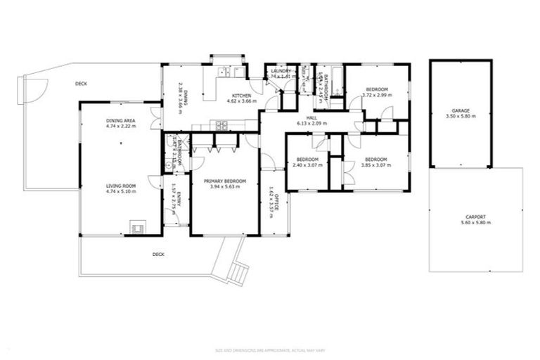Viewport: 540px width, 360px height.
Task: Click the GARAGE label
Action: pyautogui.click(x=461, y=110)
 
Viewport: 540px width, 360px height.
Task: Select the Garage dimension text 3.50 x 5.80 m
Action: pyautogui.click(x=461, y=116)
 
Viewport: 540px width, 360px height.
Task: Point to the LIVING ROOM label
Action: pyautogui.click(x=120, y=186)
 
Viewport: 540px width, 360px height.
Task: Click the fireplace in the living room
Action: pyautogui.click(x=136, y=226)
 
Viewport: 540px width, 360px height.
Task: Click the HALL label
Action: pyautogui.click(x=311, y=117)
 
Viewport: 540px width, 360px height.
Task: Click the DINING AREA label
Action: pyautogui.click(x=121, y=121)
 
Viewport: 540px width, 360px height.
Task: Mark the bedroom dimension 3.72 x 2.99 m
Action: pyautogui.click(x=376, y=95)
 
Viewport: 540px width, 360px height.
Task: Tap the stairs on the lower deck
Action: pyautogui.click(x=238, y=271)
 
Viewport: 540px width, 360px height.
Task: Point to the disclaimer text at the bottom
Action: pyautogui.click(x=269, y=349)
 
